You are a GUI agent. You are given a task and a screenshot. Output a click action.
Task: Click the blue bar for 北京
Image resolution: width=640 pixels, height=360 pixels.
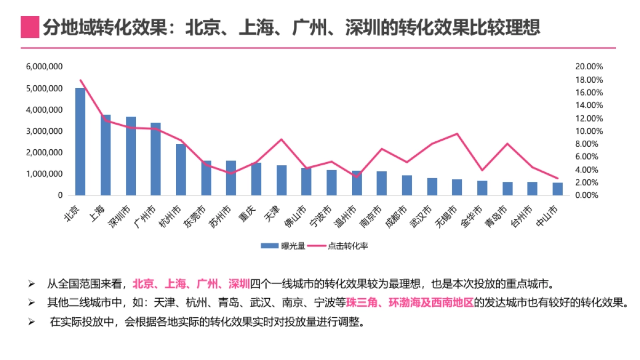[x=80, y=141]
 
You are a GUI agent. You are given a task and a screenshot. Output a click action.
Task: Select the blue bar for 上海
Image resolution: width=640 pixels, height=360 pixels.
[x=106, y=155]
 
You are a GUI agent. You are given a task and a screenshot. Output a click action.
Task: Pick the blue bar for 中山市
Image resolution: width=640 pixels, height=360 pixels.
[x=557, y=189]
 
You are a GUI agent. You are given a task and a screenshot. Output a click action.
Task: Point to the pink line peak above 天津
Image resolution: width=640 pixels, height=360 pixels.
[x=281, y=139]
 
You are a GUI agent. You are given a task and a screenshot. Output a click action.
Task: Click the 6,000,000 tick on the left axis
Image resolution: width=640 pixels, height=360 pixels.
[x=45, y=67]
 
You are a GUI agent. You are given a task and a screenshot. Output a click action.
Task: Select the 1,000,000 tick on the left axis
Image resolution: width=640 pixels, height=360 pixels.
[x=45, y=174]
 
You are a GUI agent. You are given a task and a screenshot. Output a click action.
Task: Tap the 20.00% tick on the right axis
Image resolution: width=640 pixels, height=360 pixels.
[x=589, y=67]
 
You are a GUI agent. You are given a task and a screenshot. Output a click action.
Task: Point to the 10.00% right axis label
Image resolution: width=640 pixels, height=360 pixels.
[x=589, y=131]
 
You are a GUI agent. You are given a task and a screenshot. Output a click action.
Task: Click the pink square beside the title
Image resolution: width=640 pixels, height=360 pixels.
[x=30, y=27]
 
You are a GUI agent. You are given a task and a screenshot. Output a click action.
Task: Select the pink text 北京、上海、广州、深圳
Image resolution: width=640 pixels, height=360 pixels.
[x=191, y=283]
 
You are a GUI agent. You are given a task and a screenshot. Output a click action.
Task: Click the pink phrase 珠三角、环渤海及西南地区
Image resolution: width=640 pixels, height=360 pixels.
[x=410, y=302]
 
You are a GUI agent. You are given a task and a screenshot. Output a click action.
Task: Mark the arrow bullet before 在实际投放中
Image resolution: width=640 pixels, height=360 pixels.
[x=31, y=322]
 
